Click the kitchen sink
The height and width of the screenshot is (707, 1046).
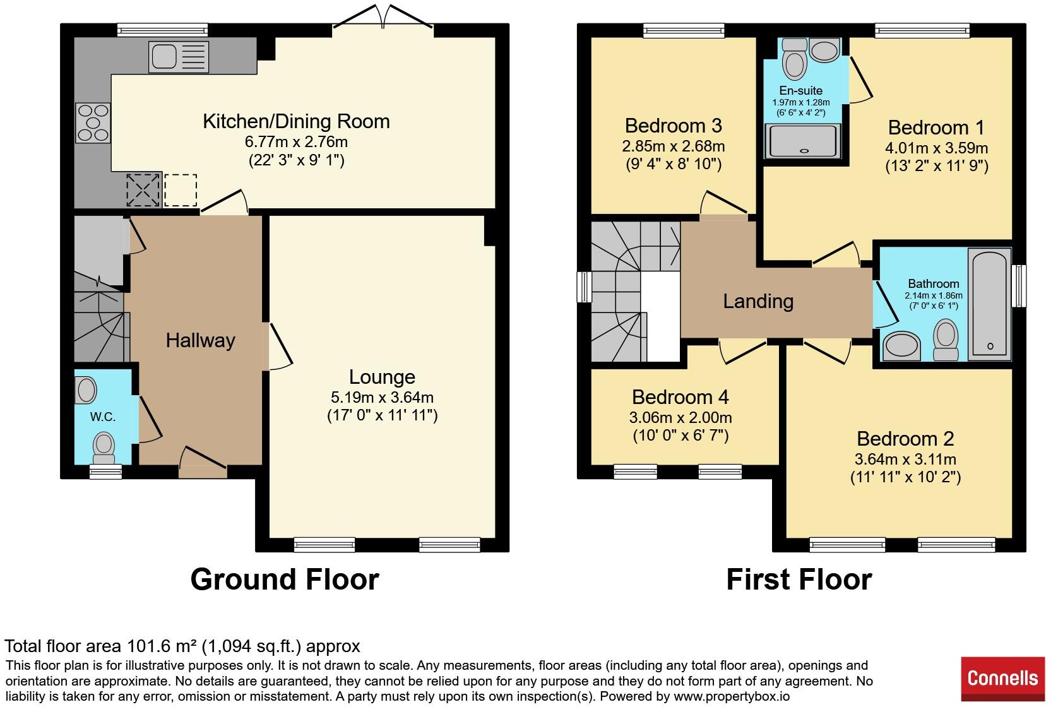click(x=179, y=57)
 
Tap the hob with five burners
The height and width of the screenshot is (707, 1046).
click(x=93, y=123)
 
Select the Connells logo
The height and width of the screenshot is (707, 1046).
click(x=1002, y=679)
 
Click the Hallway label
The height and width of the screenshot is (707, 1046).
click(x=200, y=340)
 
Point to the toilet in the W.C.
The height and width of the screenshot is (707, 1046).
click(x=104, y=448)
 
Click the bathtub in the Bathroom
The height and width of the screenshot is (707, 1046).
click(x=989, y=304)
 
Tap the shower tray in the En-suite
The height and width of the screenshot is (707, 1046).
click(x=802, y=141)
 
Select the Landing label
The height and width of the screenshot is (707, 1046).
click(x=758, y=301)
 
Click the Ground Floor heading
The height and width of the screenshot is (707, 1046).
click(x=285, y=579)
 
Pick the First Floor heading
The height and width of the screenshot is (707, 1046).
click(x=799, y=579)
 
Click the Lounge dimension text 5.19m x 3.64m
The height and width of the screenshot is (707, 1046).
click(x=382, y=398)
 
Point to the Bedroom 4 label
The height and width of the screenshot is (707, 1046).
click(x=680, y=397)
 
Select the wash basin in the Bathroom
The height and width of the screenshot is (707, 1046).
click(x=901, y=346)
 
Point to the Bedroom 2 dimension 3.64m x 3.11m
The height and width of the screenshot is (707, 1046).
click(x=905, y=460)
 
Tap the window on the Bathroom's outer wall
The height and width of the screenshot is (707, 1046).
click(x=1019, y=286)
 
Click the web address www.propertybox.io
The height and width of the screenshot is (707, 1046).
click(x=731, y=697)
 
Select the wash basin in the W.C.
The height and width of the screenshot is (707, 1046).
click(x=86, y=390)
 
